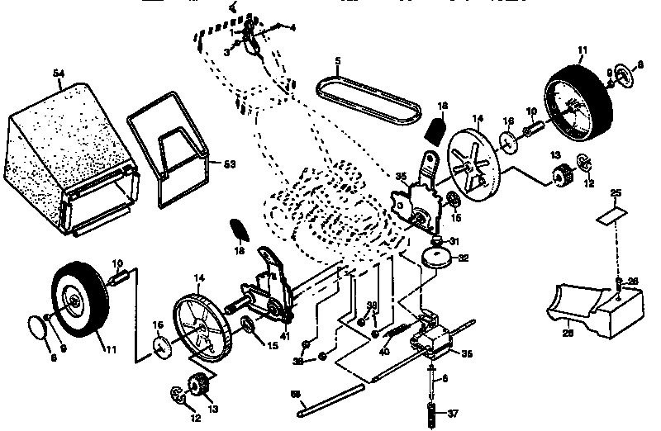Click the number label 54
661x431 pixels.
59,74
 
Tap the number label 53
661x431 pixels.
230,163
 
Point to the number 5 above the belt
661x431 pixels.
337,60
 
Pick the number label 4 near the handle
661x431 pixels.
292,27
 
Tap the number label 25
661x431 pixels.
615,193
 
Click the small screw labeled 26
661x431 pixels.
618,285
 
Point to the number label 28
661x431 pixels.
568,334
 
